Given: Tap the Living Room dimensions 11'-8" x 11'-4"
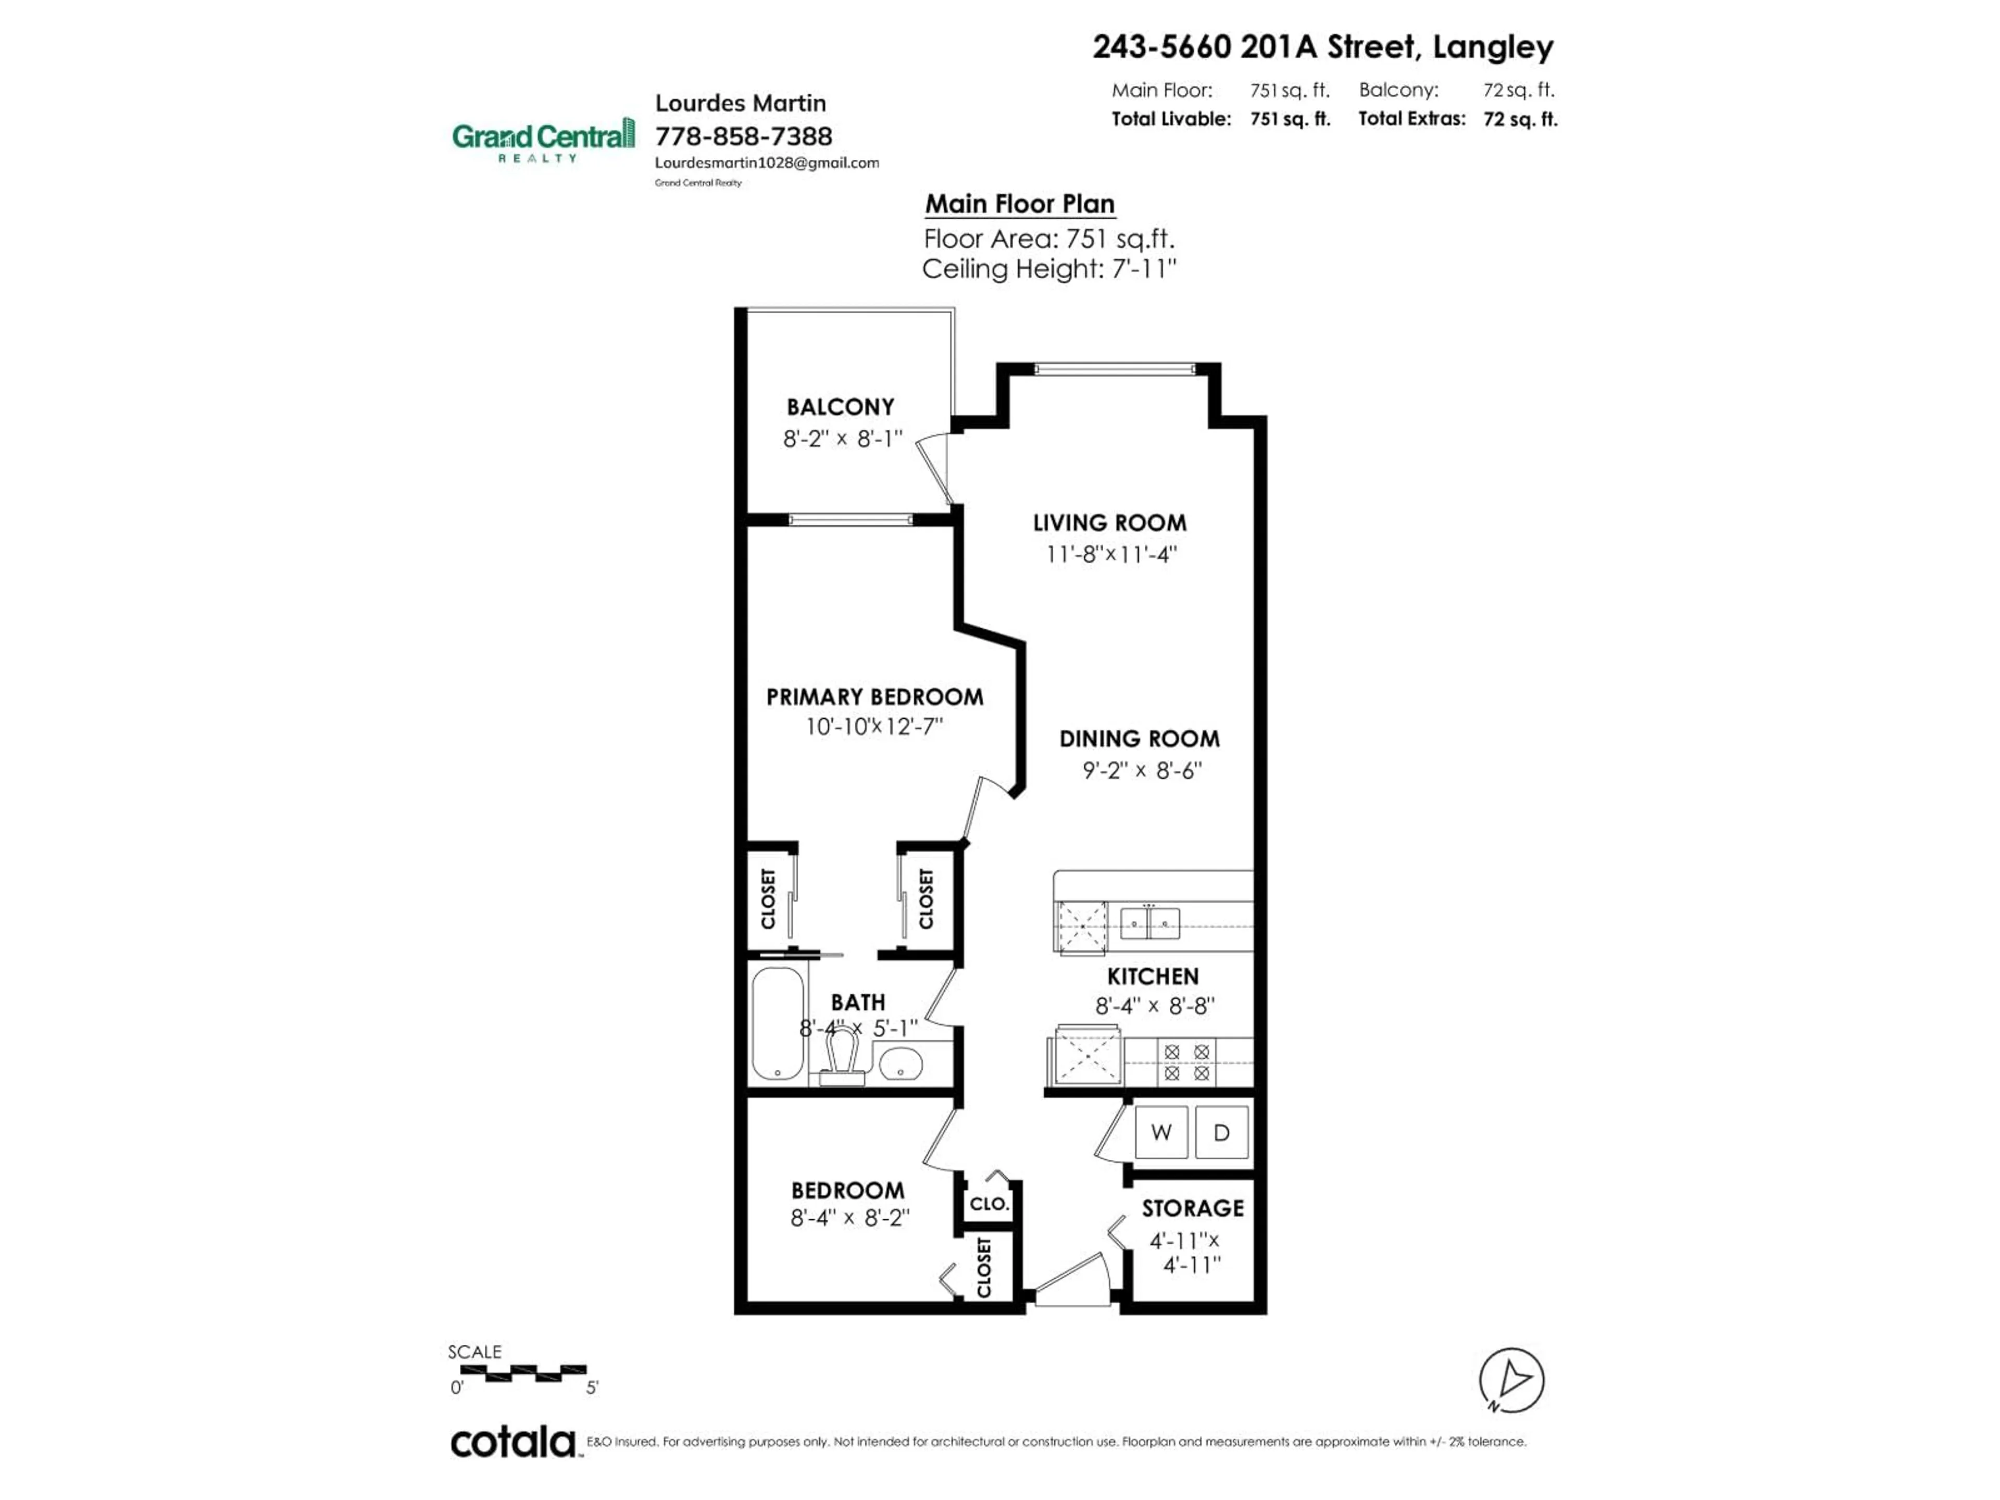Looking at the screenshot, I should [1110, 554].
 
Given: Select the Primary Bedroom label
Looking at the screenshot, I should [874, 697].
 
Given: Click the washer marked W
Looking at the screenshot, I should [1161, 1132].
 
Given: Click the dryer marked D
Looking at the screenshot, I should [1221, 1132].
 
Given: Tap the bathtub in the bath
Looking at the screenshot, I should [778, 1023].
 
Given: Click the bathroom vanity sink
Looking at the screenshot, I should [899, 1064].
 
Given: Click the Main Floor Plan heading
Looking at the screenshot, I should [1019, 204].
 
